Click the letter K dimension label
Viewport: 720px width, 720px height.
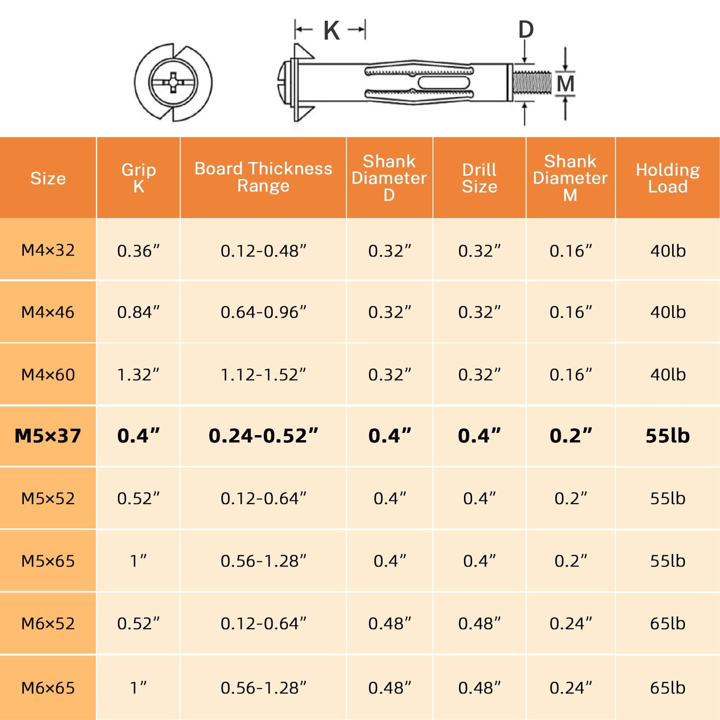(332, 31)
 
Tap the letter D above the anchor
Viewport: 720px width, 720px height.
(526, 30)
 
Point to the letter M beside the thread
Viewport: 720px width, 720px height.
(565, 84)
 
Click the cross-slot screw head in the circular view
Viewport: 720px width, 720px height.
(173, 82)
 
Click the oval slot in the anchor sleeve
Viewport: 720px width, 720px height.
(444, 83)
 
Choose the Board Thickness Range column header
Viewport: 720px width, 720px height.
(263, 177)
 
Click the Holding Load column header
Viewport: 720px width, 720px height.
(668, 178)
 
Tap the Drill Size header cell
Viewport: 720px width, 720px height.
(479, 178)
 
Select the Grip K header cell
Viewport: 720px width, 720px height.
(139, 178)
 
